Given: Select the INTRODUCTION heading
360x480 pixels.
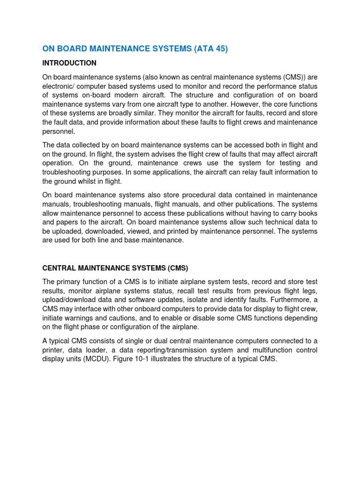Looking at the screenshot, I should click(69, 63).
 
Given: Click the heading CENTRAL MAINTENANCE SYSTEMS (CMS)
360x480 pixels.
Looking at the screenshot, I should click(115, 268).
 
